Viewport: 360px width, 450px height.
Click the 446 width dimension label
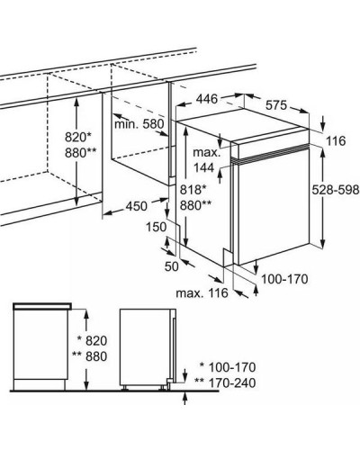click(207, 99)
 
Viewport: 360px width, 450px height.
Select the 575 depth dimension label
click(276, 105)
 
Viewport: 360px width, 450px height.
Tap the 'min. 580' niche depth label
click(139, 124)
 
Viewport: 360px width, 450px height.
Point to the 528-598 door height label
click(336, 190)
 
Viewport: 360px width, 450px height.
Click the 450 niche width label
click(137, 206)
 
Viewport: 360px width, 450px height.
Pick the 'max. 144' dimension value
click(207, 160)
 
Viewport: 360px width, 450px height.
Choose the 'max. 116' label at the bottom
click(202, 292)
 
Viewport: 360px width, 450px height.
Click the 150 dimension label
click(156, 227)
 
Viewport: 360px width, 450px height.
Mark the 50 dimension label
click(172, 266)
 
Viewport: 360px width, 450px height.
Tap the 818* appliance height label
click(193, 190)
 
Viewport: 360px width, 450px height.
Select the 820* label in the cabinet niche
click(78, 138)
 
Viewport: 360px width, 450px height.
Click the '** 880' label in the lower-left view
click(89, 356)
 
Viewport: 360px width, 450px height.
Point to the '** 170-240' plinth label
click(225, 382)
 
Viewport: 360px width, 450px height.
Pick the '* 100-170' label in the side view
click(228, 367)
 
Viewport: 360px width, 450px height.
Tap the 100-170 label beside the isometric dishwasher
click(284, 279)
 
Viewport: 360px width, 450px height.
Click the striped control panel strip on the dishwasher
click(270, 155)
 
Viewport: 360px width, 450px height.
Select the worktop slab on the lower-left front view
click(42, 306)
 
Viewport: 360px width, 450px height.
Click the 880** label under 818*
click(195, 205)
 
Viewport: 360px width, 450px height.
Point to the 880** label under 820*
click(81, 153)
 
